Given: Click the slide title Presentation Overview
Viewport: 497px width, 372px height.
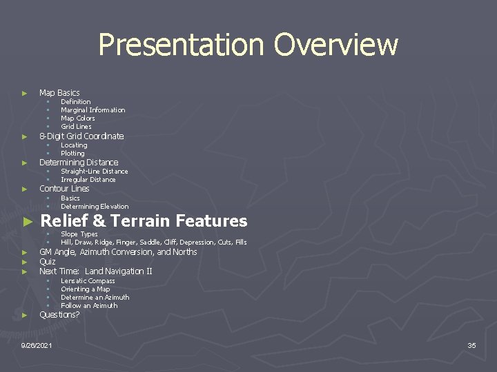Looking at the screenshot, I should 248,45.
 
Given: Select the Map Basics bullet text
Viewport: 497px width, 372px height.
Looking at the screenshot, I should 59,92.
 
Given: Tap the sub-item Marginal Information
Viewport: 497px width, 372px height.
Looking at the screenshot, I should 92,110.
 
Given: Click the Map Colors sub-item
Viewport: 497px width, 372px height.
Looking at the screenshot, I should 77,118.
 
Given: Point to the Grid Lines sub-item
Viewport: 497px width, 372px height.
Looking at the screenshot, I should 76,127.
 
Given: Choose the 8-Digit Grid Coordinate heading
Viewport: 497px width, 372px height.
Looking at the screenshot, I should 81,136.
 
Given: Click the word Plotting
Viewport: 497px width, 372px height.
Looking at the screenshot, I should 72,154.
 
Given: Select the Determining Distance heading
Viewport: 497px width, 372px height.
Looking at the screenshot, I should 79,163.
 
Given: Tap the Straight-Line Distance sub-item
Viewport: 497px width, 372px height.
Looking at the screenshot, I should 94,172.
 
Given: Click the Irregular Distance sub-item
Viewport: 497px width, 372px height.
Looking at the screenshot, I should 88,180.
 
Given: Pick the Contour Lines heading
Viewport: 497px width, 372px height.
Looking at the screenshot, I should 64,189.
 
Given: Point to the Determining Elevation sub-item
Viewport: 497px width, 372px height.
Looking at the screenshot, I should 95,207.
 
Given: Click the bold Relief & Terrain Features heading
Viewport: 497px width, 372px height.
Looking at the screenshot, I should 144,221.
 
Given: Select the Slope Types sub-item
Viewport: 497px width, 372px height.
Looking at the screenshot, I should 79,234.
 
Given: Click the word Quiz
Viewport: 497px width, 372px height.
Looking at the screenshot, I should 48,262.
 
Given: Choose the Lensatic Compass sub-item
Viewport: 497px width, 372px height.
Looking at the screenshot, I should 88,281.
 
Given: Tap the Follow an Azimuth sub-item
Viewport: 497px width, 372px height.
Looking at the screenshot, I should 89,306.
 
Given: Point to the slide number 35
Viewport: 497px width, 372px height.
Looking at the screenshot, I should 471,345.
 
